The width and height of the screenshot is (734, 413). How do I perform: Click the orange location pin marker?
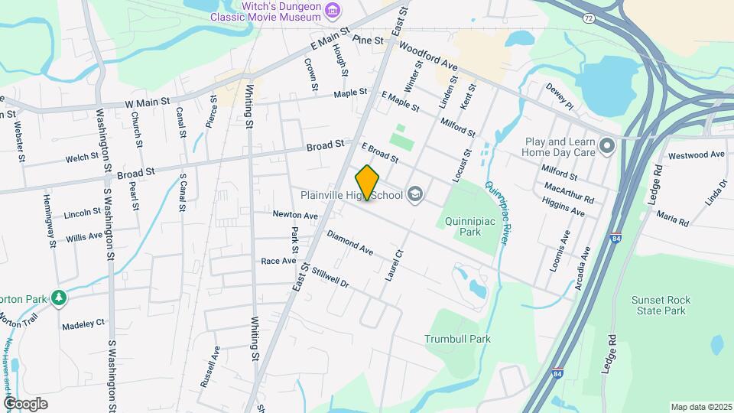coord(368,183)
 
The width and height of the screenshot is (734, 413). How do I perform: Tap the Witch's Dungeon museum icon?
coord(333,10)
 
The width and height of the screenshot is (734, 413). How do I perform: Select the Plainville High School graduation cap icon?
coord(414,194)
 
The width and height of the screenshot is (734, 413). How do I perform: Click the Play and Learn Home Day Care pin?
coord(607,145)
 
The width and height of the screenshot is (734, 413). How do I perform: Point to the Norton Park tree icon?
coord(59,297)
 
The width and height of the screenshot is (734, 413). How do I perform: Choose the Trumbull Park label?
coord(457,338)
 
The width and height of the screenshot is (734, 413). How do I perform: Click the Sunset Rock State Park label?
coord(659,306)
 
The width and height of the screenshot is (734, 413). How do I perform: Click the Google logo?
coord(25,403)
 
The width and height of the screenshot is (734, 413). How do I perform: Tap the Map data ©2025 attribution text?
coord(701,407)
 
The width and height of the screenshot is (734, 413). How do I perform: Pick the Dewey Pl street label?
coord(559,97)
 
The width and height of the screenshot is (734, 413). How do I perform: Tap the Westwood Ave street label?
coord(696,154)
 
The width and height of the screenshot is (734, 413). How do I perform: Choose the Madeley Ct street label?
coord(84,324)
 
